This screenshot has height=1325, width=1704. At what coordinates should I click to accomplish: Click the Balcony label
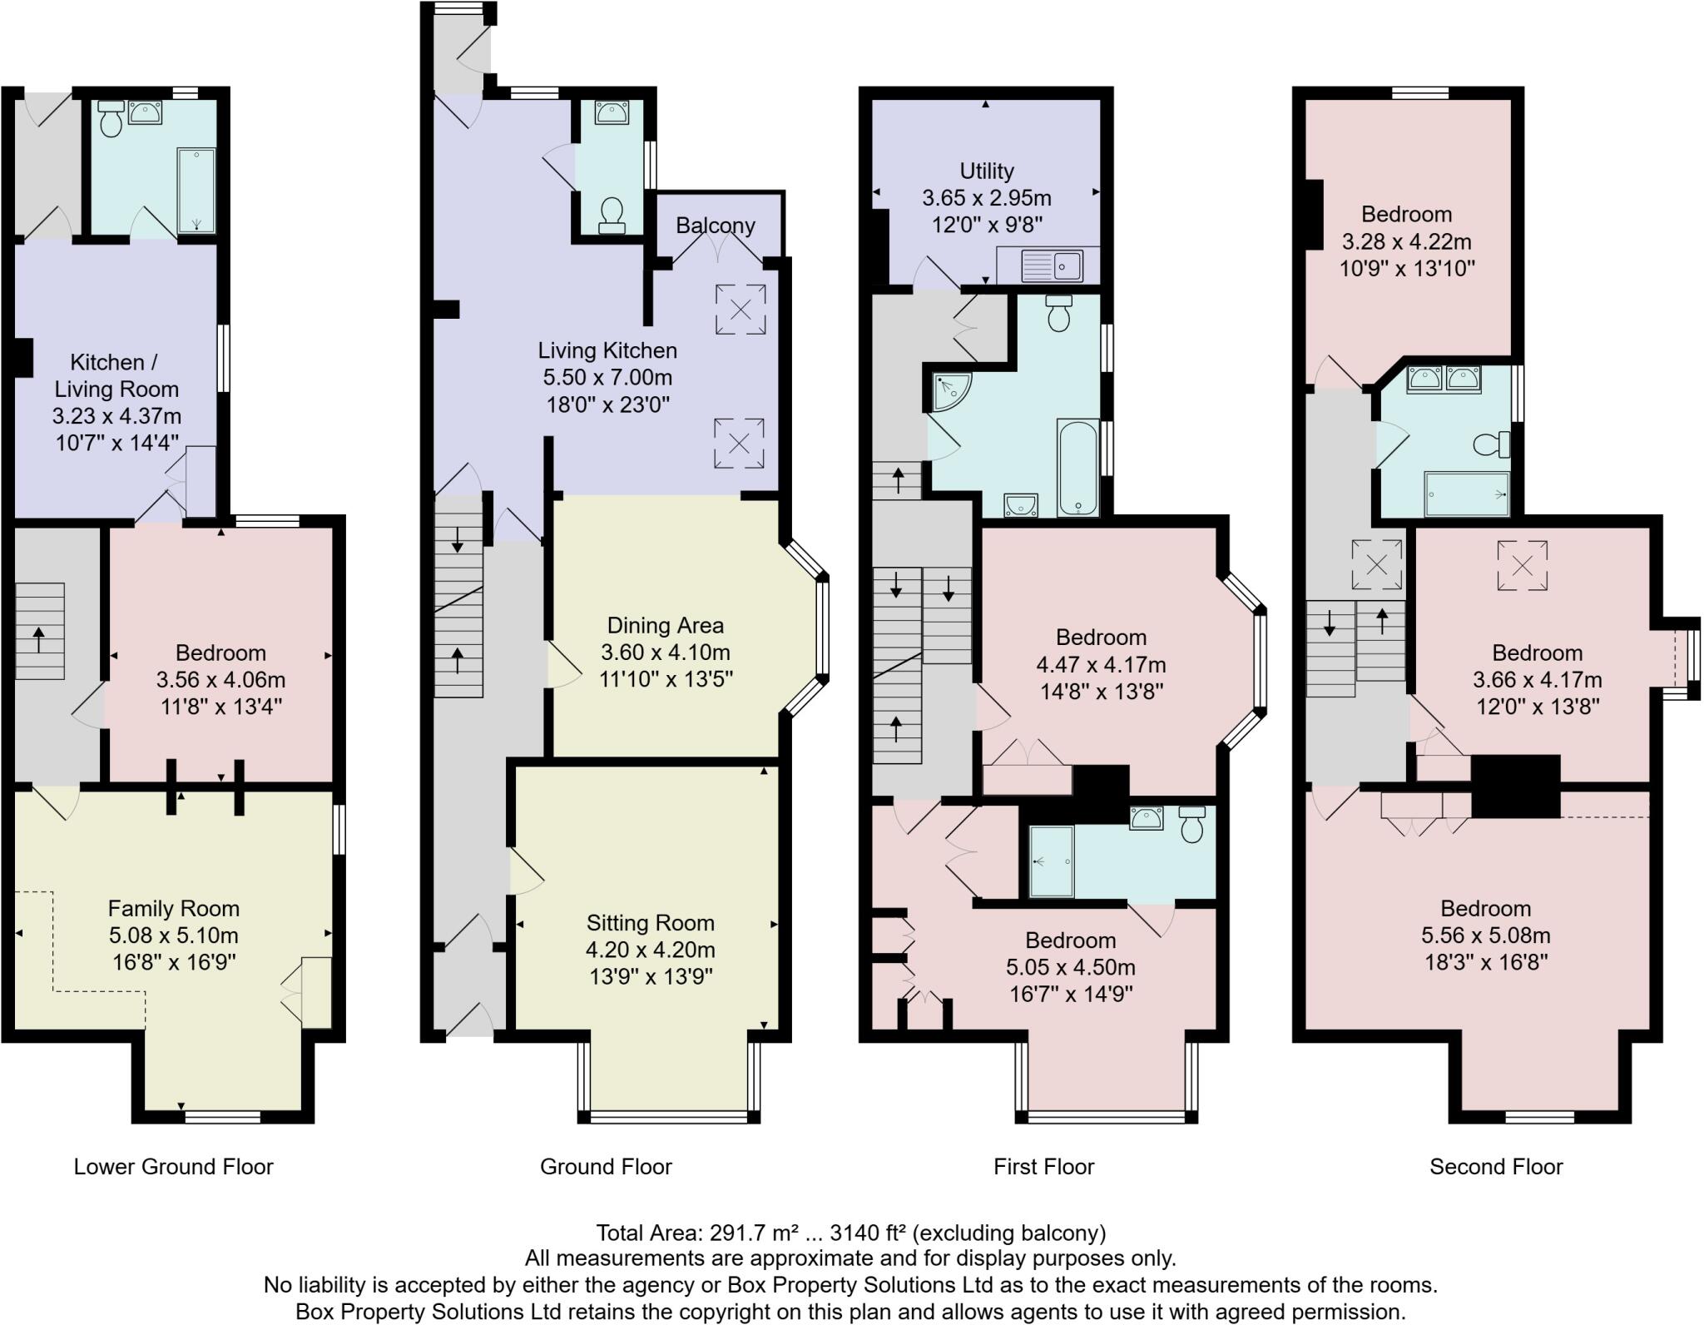point(715,226)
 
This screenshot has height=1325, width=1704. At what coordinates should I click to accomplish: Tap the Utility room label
point(986,171)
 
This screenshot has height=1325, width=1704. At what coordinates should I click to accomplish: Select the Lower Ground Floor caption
point(173,1166)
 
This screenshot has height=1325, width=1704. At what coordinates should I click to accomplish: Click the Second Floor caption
point(1495,1166)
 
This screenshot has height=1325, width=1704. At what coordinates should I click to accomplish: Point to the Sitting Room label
point(650,922)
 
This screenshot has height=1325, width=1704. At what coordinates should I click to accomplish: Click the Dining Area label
point(665,625)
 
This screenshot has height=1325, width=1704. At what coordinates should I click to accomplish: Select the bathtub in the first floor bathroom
point(1077,468)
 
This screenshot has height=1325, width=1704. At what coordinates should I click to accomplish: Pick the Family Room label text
point(173,908)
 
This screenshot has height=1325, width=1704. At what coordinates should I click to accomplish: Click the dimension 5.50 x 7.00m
point(607,377)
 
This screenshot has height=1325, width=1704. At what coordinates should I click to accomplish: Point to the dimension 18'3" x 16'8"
point(1485,962)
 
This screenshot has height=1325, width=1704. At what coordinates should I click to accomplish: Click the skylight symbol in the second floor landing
point(1376,565)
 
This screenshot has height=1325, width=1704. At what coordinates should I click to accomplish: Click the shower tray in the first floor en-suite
point(1051,861)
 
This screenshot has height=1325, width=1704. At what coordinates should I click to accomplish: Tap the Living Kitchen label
point(607,350)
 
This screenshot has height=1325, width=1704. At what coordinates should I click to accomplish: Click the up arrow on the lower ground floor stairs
point(39,642)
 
